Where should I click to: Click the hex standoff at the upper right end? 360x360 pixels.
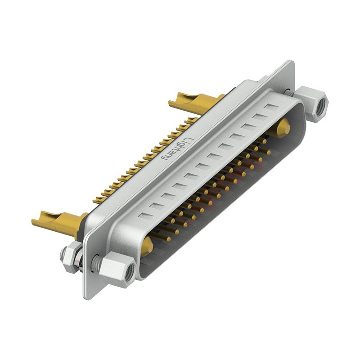point(311,102)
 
